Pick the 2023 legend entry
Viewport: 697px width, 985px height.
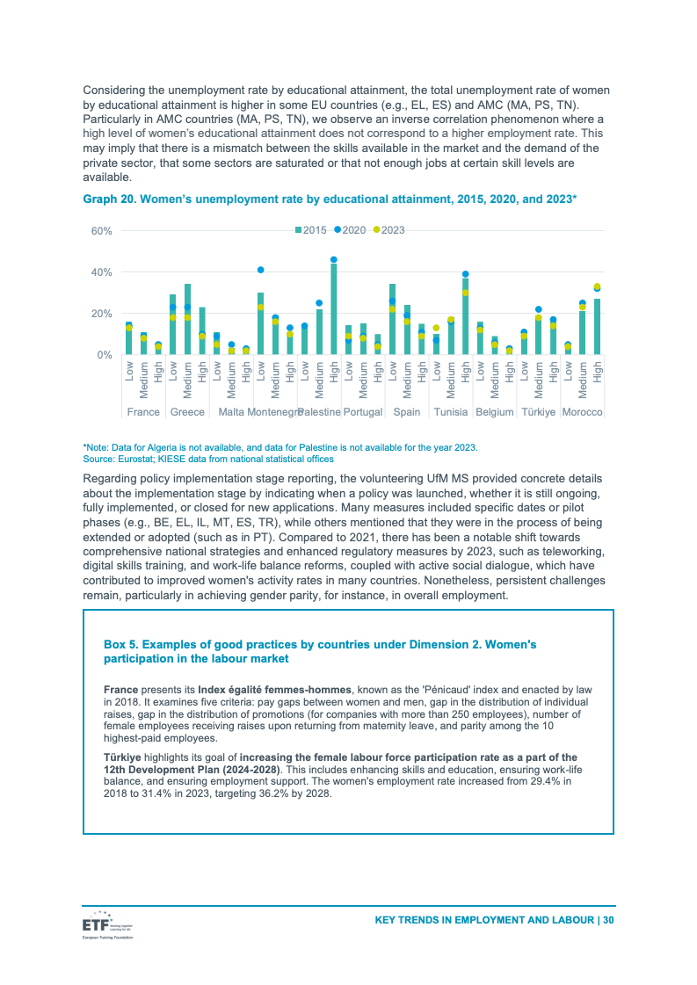(389, 230)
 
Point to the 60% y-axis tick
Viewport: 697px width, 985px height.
(101, 231)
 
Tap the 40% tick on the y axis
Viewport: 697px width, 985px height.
(101, 272)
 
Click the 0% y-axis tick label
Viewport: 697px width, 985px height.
(104, 355)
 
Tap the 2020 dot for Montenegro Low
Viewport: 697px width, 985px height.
(261, 270)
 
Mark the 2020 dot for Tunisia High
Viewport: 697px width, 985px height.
(466, 274)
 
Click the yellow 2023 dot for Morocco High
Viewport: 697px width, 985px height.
(598, 286)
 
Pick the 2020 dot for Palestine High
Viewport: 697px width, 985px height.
(334, 260)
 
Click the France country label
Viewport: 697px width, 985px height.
(143, 412)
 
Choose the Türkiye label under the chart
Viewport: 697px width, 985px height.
(538, 412)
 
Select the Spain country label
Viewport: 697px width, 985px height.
(407, 412)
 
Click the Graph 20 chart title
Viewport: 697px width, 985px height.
(330, 199)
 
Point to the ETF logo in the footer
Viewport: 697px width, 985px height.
(97, 925)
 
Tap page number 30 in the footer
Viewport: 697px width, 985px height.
(607, 921)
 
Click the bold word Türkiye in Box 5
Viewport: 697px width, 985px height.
(122, 757)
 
